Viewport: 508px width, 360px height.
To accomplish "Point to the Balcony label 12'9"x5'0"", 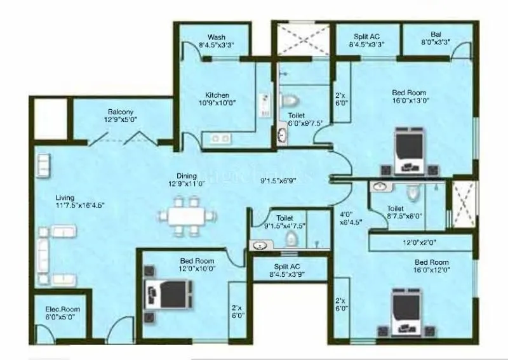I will (x=121, y=116).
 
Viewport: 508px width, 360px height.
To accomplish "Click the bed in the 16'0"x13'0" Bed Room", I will (x=410, y=151).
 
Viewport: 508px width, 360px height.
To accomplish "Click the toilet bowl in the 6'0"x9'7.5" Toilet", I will (x=290, y=102).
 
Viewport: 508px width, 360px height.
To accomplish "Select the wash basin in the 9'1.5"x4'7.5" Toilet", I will (x=259, y=244).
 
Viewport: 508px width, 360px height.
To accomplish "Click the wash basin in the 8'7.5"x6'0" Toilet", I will (x=379, y=188).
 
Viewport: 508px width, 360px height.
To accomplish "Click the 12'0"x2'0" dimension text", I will (x=420, y=243).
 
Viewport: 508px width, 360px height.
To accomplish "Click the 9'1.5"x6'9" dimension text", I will (x=279, y=180).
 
